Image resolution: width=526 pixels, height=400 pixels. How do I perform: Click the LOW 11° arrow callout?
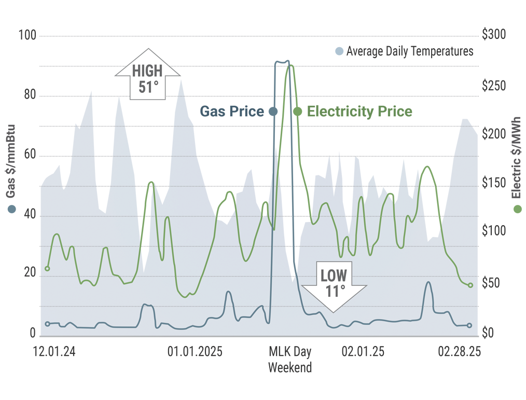click(x=334, y=284)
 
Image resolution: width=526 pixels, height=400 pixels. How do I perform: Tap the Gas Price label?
click(x=232, y=111)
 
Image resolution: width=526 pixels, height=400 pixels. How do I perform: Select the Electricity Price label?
click(x=359, y=111)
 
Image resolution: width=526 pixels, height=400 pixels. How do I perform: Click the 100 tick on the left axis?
click(x=27, y=36)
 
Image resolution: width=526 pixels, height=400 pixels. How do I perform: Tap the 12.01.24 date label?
click(x=54, y=352)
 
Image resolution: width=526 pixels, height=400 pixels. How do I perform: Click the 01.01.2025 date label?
click(x=195, y=352)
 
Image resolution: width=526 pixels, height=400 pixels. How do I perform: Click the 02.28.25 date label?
click(x=459, y=352)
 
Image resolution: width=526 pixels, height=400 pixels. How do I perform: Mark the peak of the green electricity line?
click(x=290, y=65)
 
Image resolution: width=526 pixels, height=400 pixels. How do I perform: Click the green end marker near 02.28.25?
click(x=470, y=285)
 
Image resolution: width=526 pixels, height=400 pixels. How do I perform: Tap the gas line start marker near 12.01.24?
click(x=47, y=324)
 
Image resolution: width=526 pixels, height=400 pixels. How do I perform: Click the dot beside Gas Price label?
click(x=273, y=112)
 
